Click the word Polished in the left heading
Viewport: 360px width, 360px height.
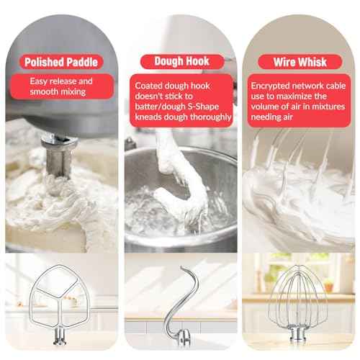[44, 62]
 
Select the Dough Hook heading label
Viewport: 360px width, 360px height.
[182, 61]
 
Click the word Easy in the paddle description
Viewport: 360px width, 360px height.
[39, 81]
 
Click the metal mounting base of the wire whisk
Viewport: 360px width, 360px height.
[298, 333]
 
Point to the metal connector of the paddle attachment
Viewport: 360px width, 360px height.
[59, 336]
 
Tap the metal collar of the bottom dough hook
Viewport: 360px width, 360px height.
[184, 337]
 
